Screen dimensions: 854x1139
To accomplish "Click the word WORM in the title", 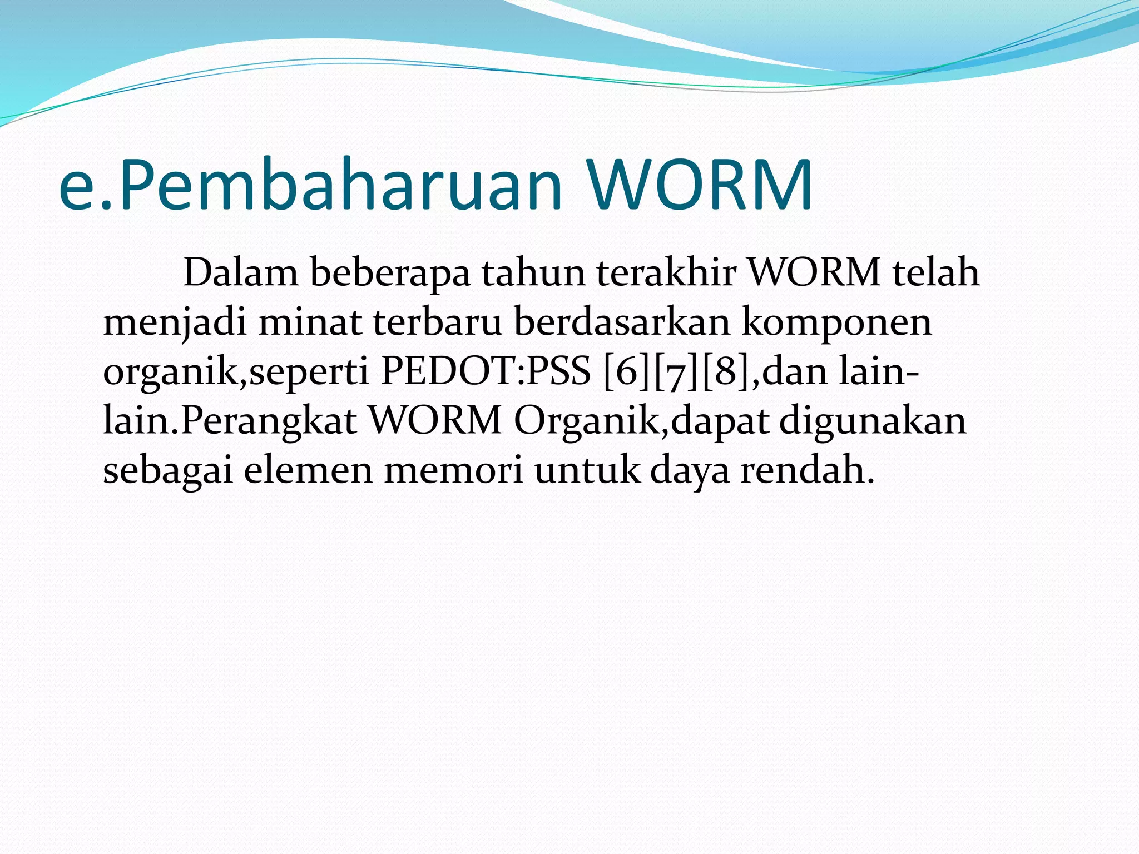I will tap(700, 185).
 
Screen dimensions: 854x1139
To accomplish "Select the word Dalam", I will tap(240, 273).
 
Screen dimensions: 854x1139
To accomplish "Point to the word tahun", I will tap(533, 273).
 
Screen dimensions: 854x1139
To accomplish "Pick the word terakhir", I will tap(666, 273).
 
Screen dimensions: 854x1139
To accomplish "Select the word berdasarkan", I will tap(622, 322).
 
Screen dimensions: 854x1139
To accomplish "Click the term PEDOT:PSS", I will tap(486, 371).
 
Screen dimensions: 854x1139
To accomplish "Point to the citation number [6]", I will tap(627, 372).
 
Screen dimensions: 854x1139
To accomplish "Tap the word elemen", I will tap(308, 470).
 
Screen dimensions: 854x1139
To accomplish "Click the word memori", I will tap(453, 470).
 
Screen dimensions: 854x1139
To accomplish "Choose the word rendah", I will tap(807, 470).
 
